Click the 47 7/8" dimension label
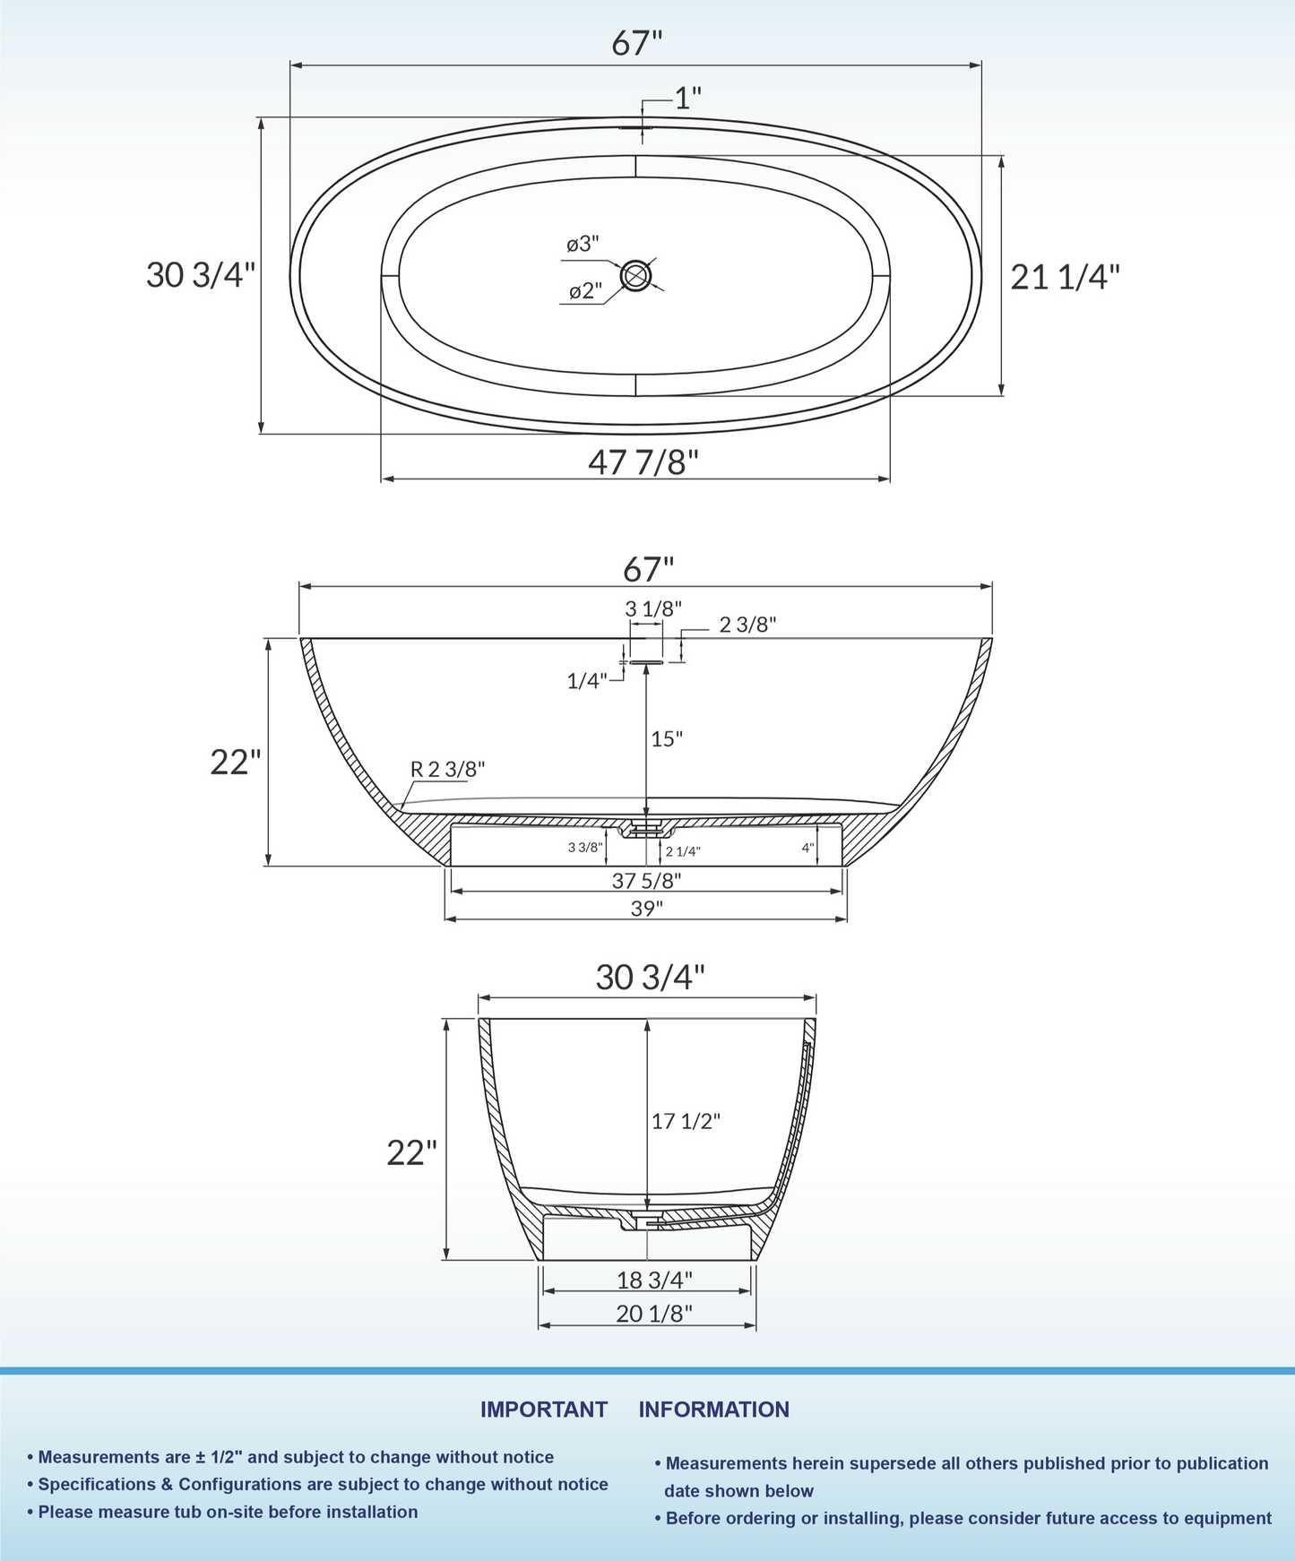pyautogui.click(x=643, y=462)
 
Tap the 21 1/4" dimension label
pyautogui.click(x=1065, y=278)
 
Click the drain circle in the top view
pyautogui.click(x=636, y=275)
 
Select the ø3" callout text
pyautogui.click(x=583, y=244)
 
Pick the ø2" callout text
pyautogui.click(x=585, y=291)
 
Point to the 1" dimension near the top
pyautogui.click(x=687, y=99)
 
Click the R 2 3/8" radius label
pyautogui.click(x=447, y=769)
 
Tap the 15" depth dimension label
pyautogui.click(x=667, y=739)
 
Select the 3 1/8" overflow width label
pyautogui.click(x=653, y=608)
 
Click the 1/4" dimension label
pyautogui.click(x=587, y=681)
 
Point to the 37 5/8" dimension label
pyautogui.click(x=646, y=881)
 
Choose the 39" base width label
pyautogui.click(x=646, y=909)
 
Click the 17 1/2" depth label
pyautogui.click(x=686, y=1121)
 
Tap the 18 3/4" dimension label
pyautogui.click(x=654, y=1281)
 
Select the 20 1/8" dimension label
pyautogui.click(x=654, y=1314)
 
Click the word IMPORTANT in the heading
pyautogui.click(x=543, y=1410)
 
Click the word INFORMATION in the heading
pyautogui.click(x=713, y=1410)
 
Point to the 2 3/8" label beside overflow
pyautogui.click(x=747, y=625)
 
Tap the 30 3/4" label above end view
pyautogui.click(x=651, y=978)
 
